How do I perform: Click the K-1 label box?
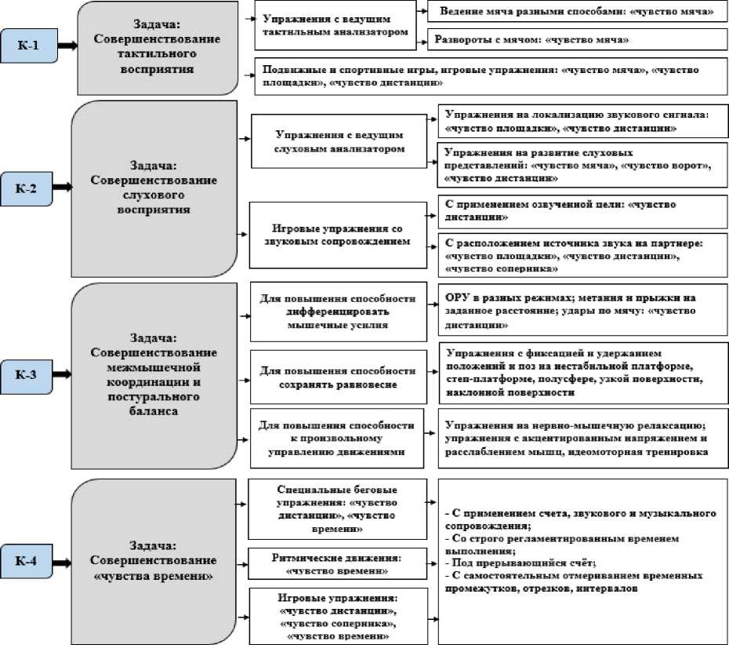(x=28, y=46)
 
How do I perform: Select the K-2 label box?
(x=29, y=188)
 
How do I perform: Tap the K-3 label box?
(x=29, y=374)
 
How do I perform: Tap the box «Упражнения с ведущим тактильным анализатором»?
(x=335, y=27)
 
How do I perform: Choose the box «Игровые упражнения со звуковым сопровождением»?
(x=337, y=235)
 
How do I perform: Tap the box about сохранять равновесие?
(x=337, y=377)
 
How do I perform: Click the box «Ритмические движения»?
(x=338, y=563)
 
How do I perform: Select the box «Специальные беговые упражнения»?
(x=338, y=507)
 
